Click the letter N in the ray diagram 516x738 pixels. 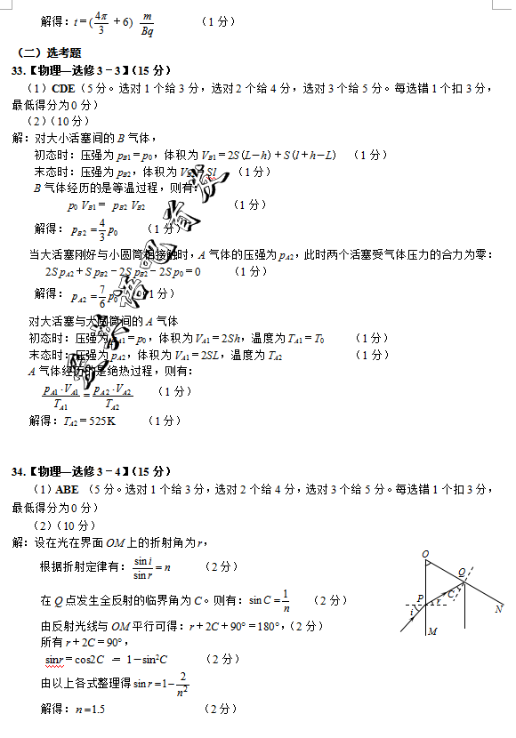499,609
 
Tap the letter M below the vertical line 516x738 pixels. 431,632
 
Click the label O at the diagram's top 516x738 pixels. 424,555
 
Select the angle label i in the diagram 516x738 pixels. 412,613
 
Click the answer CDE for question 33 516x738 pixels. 63,88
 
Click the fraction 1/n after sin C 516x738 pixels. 286,601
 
